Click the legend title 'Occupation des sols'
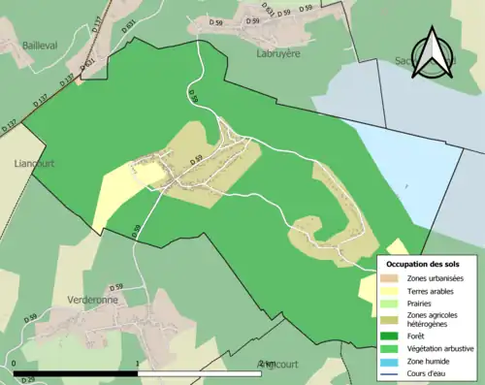422,263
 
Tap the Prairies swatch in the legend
393,302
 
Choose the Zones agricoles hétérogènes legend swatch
393,314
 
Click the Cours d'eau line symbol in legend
393,371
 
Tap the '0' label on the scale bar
16,365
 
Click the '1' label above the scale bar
138,365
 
